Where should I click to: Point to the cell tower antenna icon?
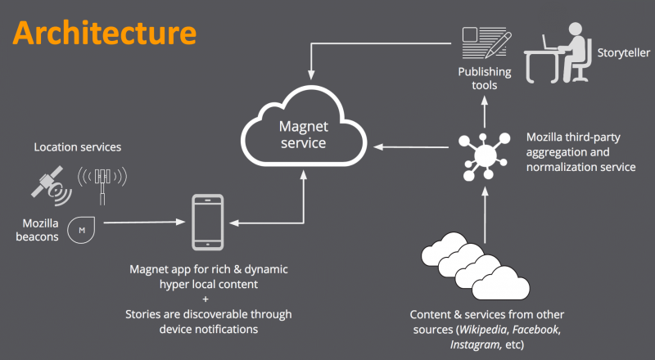(x=103, y=183)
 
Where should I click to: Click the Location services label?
(x=78, y=147)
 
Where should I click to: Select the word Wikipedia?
(x=484, y=329)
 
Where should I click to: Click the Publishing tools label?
(x=484, y=79)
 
